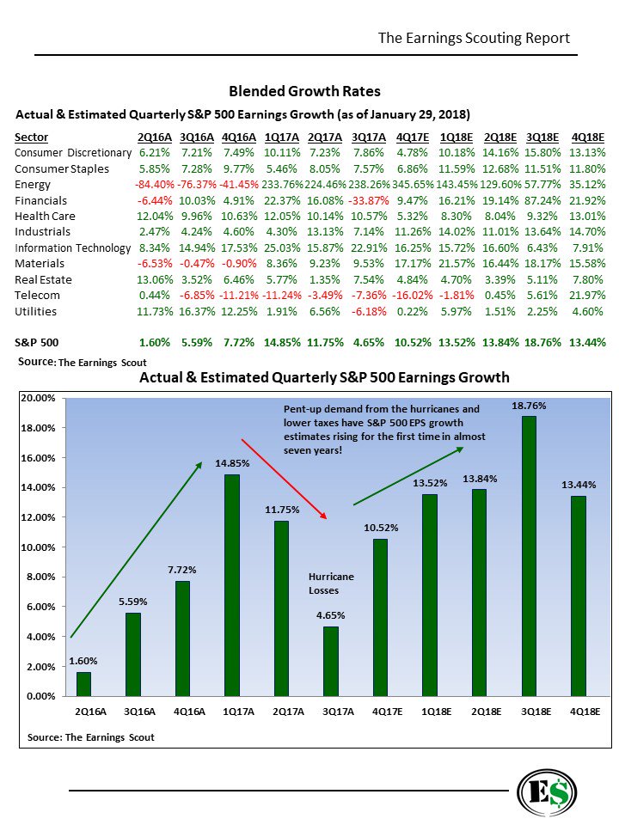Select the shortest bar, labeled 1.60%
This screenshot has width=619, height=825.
83,684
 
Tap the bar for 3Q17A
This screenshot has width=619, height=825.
331,661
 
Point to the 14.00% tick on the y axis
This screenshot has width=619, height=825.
38,487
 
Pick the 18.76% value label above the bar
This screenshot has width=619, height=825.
530,404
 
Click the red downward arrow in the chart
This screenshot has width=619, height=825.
284,479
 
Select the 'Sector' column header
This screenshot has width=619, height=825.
32,137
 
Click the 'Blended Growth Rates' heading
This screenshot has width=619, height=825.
304,91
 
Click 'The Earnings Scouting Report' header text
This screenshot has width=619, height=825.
474,39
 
